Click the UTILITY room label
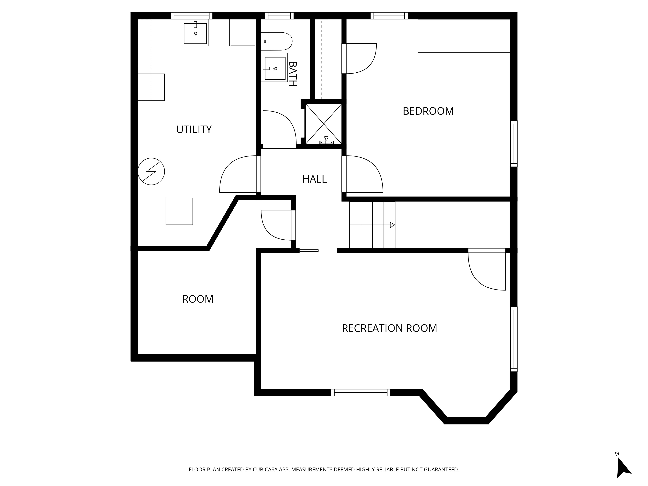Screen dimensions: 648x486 coord(194,129)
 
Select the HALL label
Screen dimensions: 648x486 coord(314,179)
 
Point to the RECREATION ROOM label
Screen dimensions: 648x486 coord(389,328)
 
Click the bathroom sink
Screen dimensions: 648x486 coord(274,68)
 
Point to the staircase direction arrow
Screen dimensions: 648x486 coord(372,225)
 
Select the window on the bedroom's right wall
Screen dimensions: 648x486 coord(514,144)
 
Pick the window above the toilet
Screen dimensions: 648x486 coord(279,16)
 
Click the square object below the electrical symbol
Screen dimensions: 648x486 coord(179,211)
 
